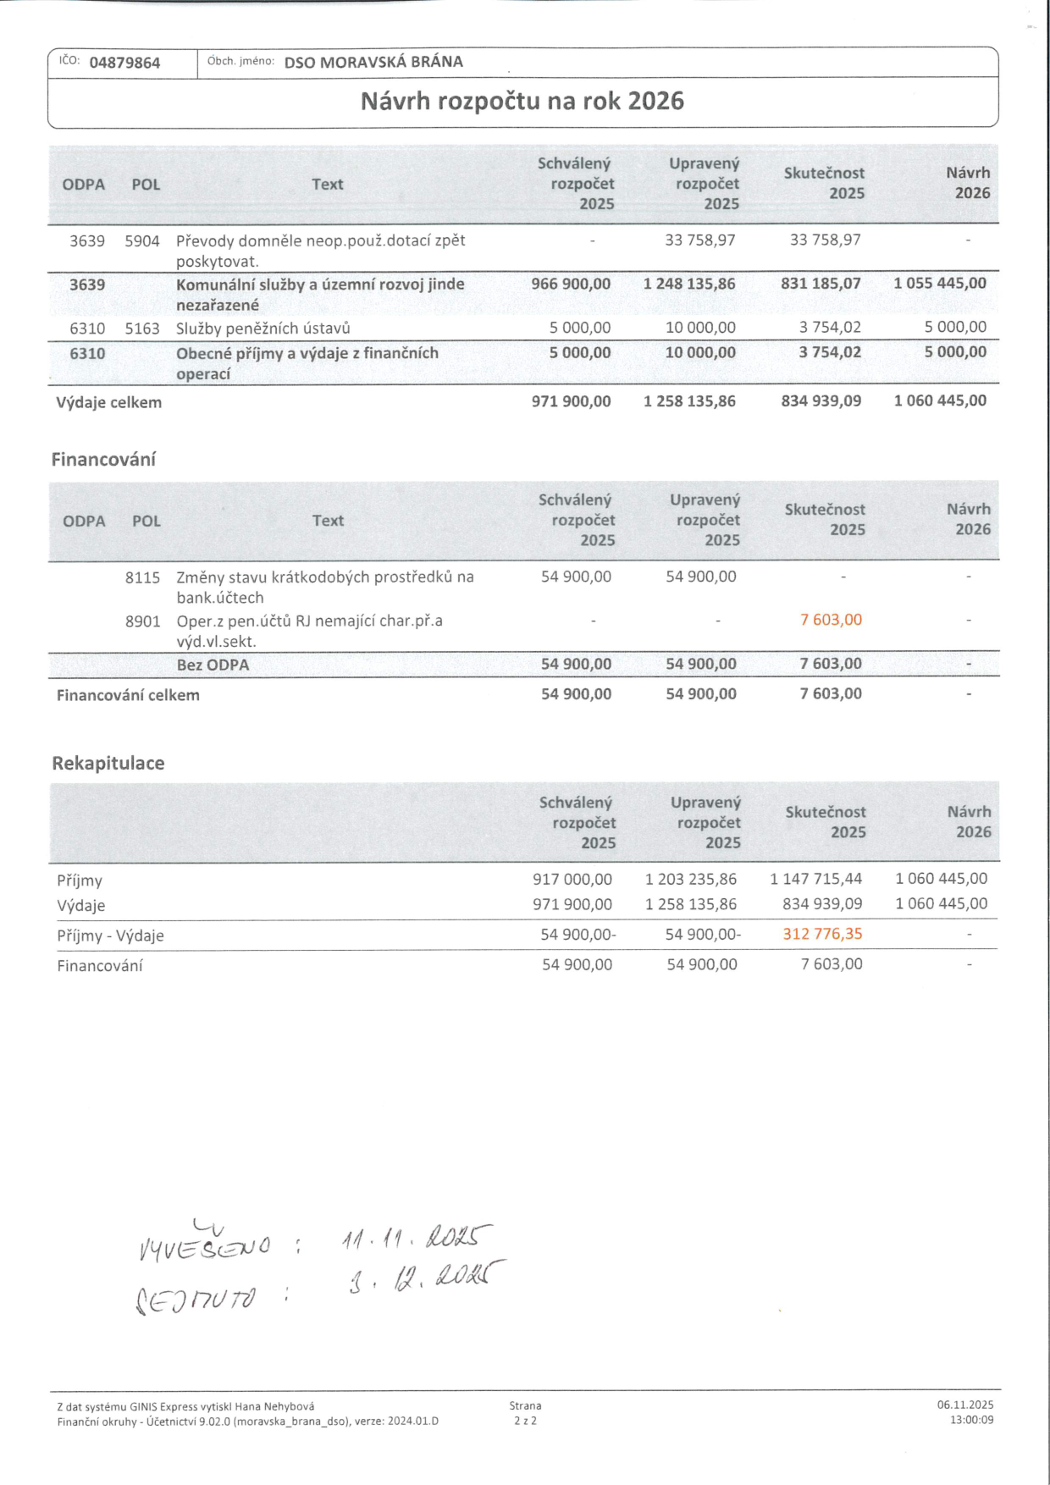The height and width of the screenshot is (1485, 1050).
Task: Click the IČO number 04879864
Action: point(124,63)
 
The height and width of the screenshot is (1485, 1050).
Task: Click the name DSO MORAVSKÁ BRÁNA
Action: point(373,62)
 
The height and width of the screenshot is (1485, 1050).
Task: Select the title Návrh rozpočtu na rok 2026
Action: point(522,102)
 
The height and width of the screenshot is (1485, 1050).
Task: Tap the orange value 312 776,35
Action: point(822,934)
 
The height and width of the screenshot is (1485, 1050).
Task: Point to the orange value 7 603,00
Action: point(831,620)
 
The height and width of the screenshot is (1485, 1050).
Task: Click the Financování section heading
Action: point(103,460)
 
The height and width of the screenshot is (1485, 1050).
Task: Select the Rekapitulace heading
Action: point(108,763)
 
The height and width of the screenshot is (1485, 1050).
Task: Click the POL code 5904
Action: point(142,241)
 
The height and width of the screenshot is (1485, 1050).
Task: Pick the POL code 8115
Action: point(142,577)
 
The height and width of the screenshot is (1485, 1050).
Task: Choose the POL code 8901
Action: point(142,621)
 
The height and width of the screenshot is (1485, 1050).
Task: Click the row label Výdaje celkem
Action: point(108,402)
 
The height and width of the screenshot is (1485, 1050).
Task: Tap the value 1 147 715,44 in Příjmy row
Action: point(815,879)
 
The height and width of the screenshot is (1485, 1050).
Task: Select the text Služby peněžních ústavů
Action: point(262,328)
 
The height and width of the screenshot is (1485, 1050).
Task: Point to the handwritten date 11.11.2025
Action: point(416,1239)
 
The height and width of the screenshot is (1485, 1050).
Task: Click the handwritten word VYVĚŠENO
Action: point(204,1245)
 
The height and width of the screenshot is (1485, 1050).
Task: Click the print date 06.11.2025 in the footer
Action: point(964,1405)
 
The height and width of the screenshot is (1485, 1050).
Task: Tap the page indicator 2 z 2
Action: point(525,1421)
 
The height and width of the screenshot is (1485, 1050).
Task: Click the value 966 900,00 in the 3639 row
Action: point(571,284)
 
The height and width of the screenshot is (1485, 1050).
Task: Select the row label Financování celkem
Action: point(128,695)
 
